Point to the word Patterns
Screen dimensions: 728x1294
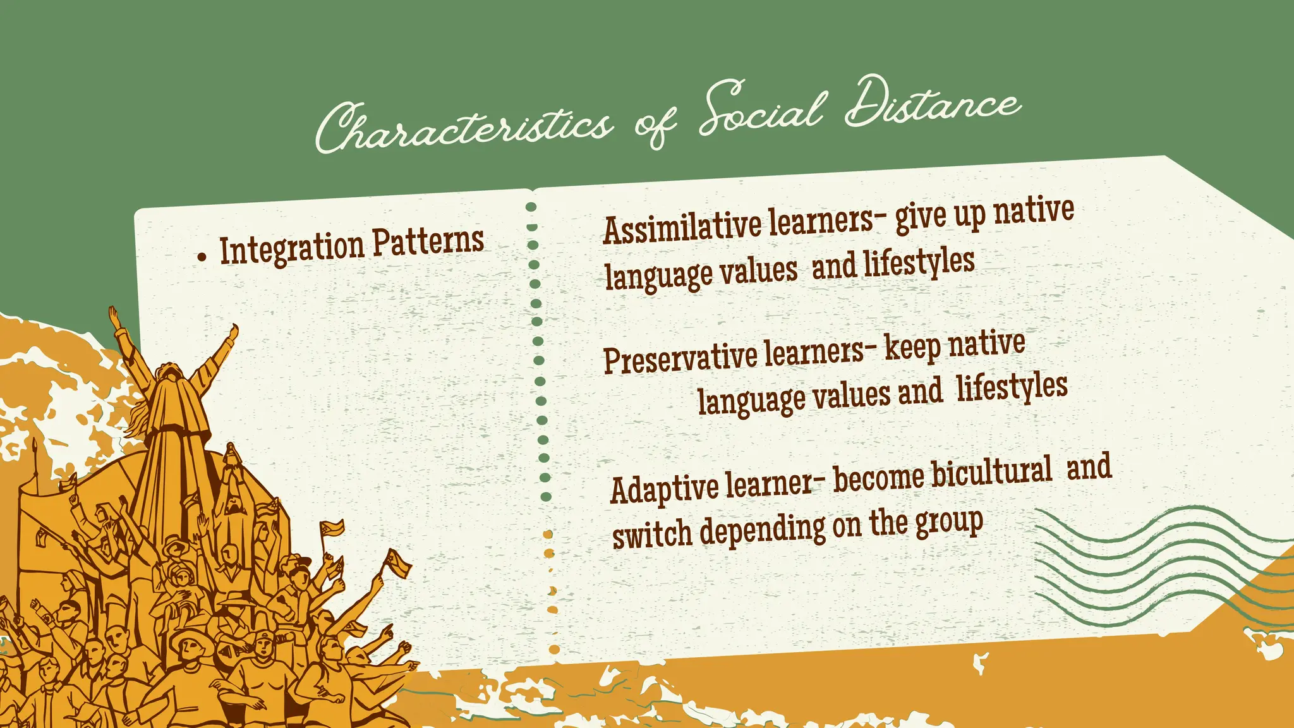pyautogui.click(x=428, y=241)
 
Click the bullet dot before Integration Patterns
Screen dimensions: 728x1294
pyautogui.click(x=202, y=257)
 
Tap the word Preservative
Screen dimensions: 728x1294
pyautogui.click(x=680, y=357)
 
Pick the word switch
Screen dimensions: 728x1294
pyautogui.click(x=651, y=533)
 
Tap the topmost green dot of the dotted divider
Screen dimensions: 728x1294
pyautogui.click(x=531, y=207)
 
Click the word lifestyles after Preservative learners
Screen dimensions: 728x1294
pyautogui.click(x=1011, y=387)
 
